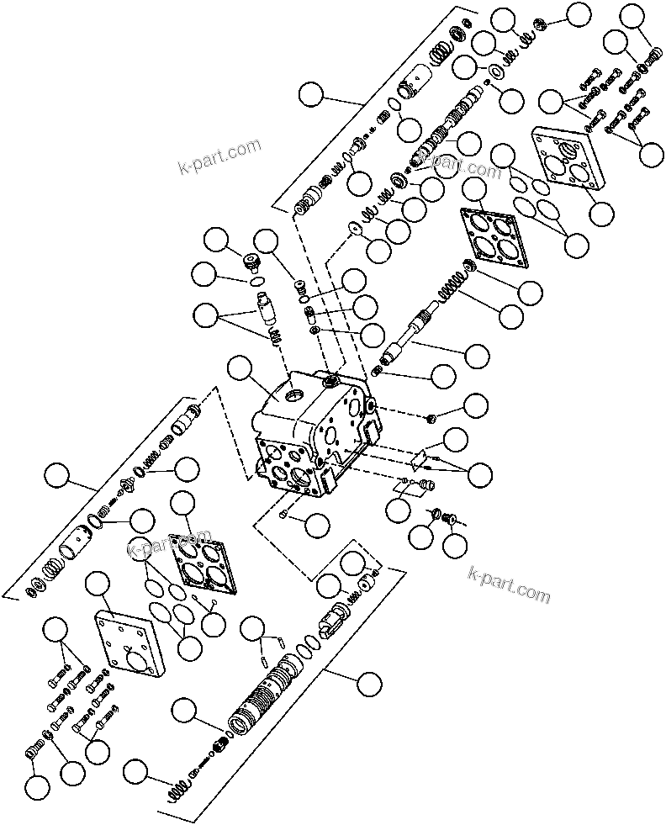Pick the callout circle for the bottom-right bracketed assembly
point(367,684)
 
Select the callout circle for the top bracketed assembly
point(312,94)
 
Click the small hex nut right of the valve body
point(431,418)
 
